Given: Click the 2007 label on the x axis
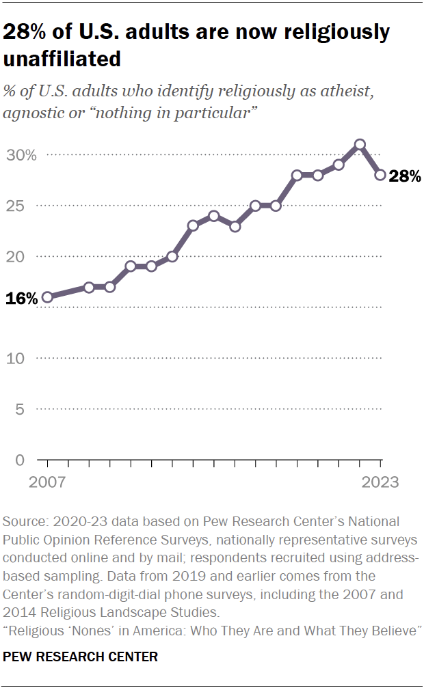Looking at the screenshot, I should click(x=47, y=482).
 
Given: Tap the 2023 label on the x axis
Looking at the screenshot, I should click(x=380, y=482).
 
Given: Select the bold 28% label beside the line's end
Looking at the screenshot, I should click(x=404, y=176).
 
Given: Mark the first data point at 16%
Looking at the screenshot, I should click(x=47, y=297).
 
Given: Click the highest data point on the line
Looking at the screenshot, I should click(x=360, y=145).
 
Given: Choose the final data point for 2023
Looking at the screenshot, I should click(x=380, y=175).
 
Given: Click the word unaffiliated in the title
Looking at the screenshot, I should click(x=62, y=59).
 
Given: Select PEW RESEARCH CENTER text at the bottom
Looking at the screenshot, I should click(x=81, y=657).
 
